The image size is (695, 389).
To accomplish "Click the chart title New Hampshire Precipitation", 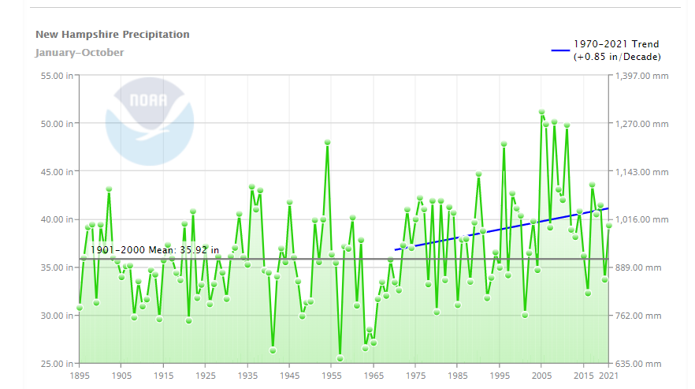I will click(x=113, y=35).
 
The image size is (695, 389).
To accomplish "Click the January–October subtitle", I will click(x=80, y=53).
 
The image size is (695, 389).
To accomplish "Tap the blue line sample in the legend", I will click(x=560, y=50).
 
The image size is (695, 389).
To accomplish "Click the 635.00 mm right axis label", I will click(x=639, y=363).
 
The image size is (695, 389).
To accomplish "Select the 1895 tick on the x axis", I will click(x=79, y=377).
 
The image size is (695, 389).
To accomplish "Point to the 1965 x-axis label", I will click(x=374, y=377).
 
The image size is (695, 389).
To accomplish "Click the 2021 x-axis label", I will click(x=608, y=377).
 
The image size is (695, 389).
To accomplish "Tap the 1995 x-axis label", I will click(x=500, y=377).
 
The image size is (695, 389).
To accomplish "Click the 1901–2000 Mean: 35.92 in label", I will click(x=154, y=249).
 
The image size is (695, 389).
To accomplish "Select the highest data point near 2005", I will click(x=541, y=112).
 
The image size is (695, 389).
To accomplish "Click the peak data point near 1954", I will click(x=327, y=143).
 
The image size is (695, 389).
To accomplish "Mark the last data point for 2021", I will click(x=608, y=226).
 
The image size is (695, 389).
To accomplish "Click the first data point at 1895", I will click(x=80, y=308).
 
